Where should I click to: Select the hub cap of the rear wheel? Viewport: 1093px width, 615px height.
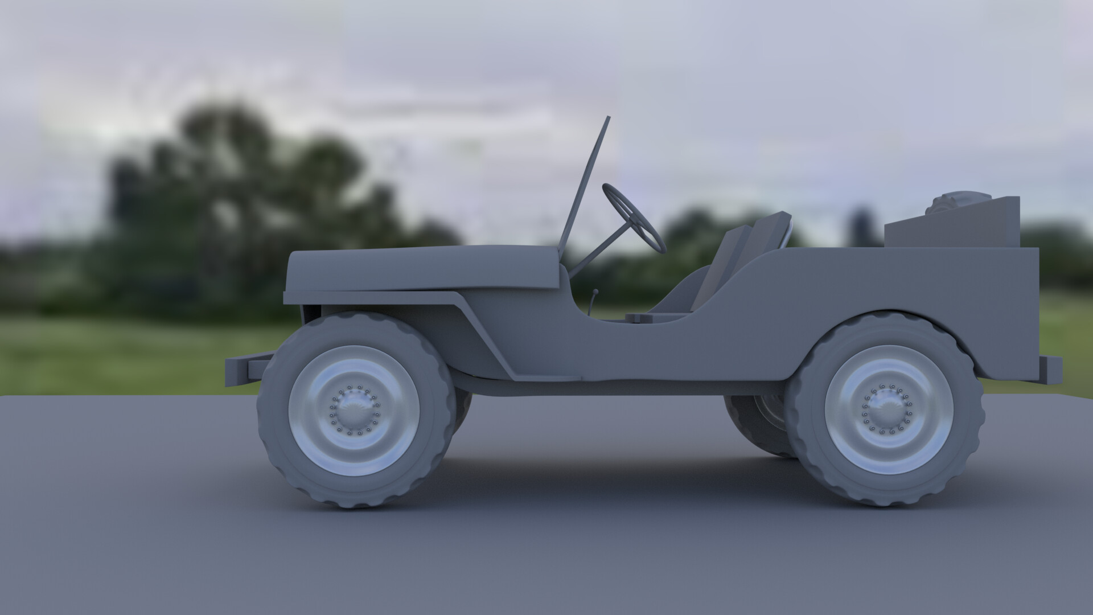884,408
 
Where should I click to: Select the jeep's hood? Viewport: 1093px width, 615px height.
421,268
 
